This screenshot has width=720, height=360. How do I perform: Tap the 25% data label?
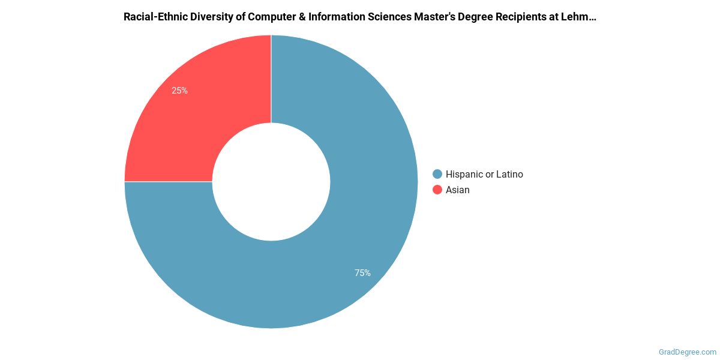pyautogui.click(x=179, y=91)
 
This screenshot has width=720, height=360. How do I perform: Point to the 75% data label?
pyautogui.click(x=362, y=273)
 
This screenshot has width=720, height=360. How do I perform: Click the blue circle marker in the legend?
pyautogui.click(x=437, y=175)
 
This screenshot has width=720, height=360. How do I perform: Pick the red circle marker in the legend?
pyautogui.click(x=437, y=190)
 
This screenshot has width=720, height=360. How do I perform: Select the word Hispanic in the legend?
pyautogui.click(x=464, y=175)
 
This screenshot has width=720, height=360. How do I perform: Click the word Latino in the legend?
pyautogui.click(x=509, y=175)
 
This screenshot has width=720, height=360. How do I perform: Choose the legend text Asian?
pyautogui.click(x=458, y=190)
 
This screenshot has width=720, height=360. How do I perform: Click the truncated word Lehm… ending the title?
pyautogui.click(x=580, y=17)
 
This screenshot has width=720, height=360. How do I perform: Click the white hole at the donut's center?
pyautogui.click(x=271, y=182)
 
